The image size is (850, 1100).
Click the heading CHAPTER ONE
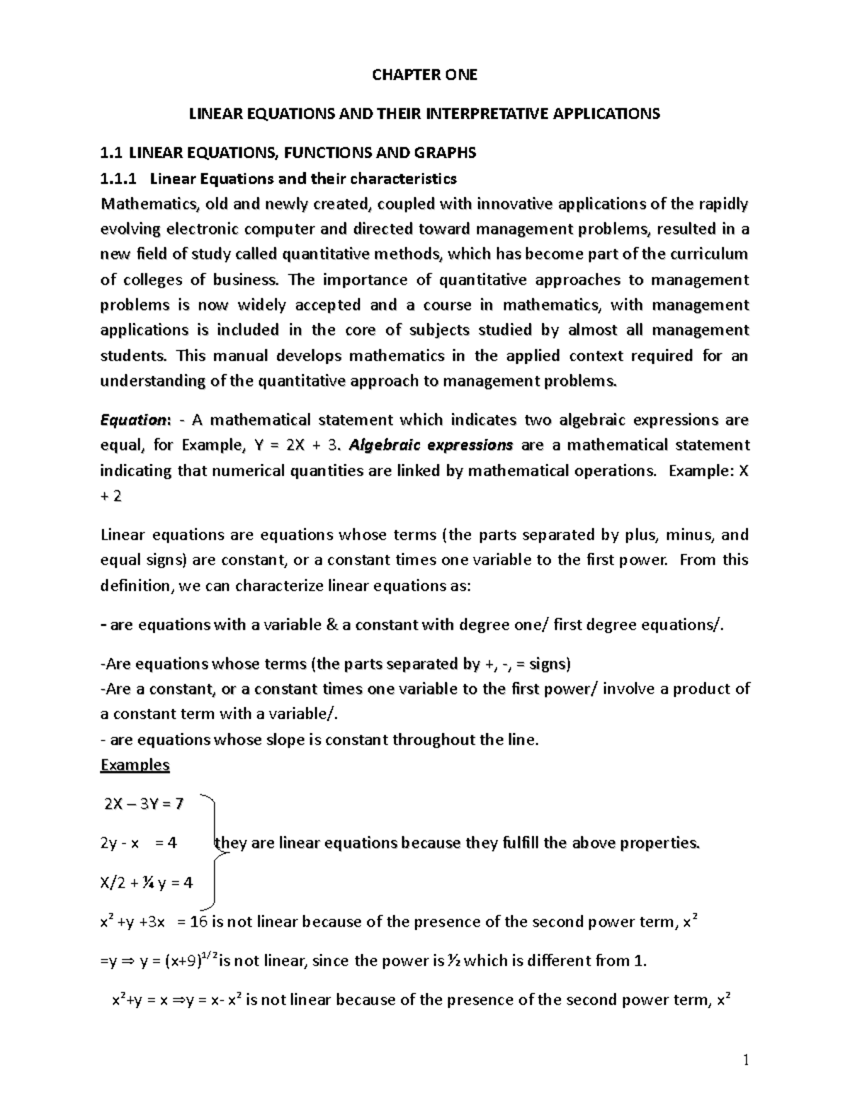click(425, 74)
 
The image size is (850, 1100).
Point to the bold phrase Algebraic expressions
click(431, 445)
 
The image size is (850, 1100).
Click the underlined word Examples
click(135, 765)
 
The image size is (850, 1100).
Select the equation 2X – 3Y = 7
click(144, 804)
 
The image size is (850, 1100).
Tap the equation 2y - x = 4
click(139, 843)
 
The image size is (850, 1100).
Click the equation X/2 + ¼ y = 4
click(147, 883)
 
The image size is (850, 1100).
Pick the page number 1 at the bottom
click(745, 1060)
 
